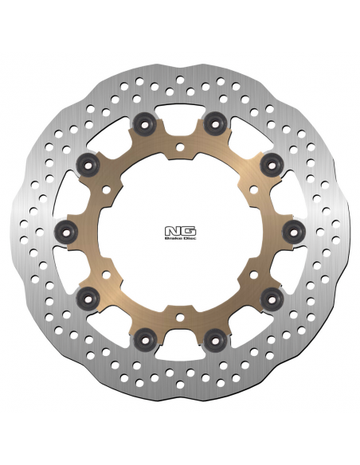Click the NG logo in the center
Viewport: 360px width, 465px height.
coord(180,232)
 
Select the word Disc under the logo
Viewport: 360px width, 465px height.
coord(190,238)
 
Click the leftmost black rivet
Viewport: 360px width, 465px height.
coord(66,232)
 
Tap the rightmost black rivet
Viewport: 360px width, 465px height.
coord(294,232)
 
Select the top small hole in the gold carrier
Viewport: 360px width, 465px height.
coord(180,147)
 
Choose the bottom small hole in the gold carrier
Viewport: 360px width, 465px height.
coord(180,318)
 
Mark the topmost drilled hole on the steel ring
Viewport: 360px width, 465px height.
coord(180,80)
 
